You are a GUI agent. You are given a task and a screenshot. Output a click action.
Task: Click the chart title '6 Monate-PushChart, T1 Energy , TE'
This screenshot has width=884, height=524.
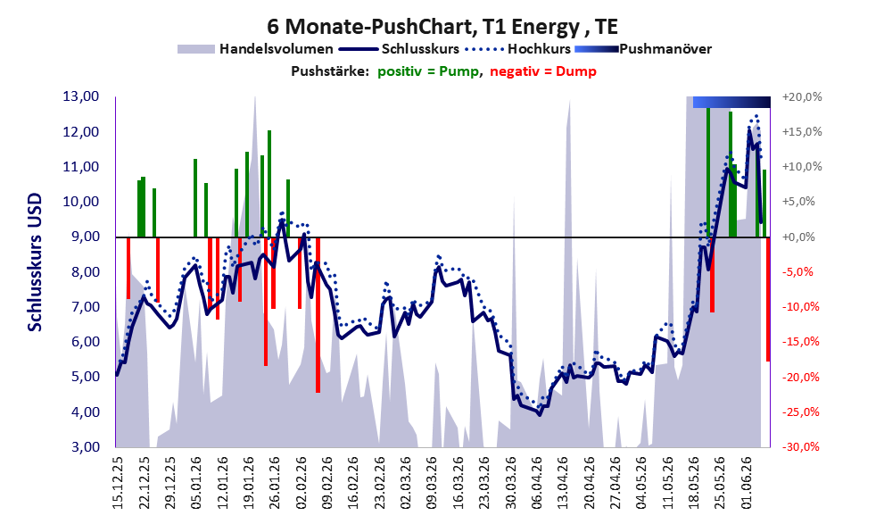click(442, 26)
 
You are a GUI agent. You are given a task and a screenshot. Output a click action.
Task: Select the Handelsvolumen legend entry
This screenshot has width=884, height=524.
click(255, 49)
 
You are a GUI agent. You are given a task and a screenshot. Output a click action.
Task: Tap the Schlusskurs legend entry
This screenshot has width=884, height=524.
click(399, 49)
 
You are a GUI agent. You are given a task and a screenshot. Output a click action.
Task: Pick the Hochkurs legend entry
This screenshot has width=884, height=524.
click(517, 49)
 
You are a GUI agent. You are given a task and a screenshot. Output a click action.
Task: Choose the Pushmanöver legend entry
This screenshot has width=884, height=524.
click(643, 49)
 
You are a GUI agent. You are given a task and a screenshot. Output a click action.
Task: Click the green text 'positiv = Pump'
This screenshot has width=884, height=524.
click(428, 71)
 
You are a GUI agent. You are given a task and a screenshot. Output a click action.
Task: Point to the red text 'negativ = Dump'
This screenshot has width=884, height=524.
click(543, 71)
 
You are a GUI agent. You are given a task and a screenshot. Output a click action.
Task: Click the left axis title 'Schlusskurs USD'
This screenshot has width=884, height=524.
click(35, 262)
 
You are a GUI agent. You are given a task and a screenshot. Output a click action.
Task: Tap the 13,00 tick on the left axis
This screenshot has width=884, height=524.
click(81, 96)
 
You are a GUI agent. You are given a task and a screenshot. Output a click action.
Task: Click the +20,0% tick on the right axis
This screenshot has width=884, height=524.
click(802, 97)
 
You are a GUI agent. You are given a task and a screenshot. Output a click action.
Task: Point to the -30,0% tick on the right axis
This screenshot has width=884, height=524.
click(801, 447)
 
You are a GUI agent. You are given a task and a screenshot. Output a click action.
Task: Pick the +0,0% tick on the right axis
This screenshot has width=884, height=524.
click(799, 237)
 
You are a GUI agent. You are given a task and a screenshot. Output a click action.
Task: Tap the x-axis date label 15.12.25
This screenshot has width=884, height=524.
click(118, 484)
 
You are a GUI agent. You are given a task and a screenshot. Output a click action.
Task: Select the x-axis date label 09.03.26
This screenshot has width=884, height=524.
click(433, 484)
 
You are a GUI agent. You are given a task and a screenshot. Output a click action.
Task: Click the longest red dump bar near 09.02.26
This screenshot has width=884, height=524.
click(318, 315)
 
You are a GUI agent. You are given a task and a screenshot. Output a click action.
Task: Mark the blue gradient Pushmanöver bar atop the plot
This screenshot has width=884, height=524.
click(731, 102)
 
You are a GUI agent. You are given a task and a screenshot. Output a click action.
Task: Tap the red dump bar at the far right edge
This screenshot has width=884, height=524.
click(768, 299)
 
